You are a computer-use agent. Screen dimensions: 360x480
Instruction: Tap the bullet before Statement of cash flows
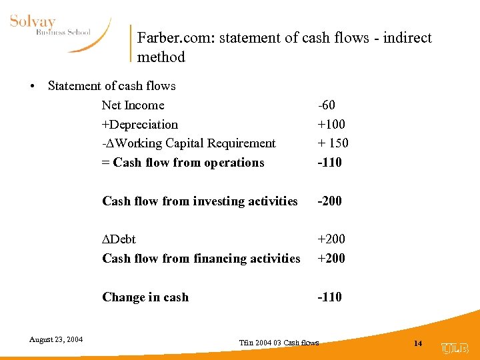[x=32, y=86]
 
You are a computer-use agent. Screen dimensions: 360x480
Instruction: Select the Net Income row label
[x=133, y=105]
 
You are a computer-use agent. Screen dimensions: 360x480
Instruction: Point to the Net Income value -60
[x=327, y=105]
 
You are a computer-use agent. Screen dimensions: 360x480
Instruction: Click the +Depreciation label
[x=140, y=125]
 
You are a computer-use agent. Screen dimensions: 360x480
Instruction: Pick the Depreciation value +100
[x=331, y=125]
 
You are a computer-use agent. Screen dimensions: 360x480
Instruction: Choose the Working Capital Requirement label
[x=189, y=143]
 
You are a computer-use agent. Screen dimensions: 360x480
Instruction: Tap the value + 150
[x=333, y=143]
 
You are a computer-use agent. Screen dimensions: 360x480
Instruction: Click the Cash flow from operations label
[x=183, y=163]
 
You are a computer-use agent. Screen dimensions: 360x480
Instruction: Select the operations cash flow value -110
[x=330, y=163]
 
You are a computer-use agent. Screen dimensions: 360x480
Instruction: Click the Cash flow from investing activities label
[x=200, y=201]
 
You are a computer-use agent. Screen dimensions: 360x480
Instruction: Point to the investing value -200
[x=330, y=201]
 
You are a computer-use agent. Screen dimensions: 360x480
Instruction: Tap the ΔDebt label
[x=119, y=239]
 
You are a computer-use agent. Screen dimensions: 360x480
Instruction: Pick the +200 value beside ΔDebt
[x=331, y=239]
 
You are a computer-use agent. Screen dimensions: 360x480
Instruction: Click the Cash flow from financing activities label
[x=201, y=259]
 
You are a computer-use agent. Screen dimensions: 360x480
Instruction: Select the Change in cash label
[x=145, y=297]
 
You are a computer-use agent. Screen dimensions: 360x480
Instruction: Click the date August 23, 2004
[x=56, y=340]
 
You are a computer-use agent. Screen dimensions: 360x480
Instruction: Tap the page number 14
[x=418, y=343]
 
